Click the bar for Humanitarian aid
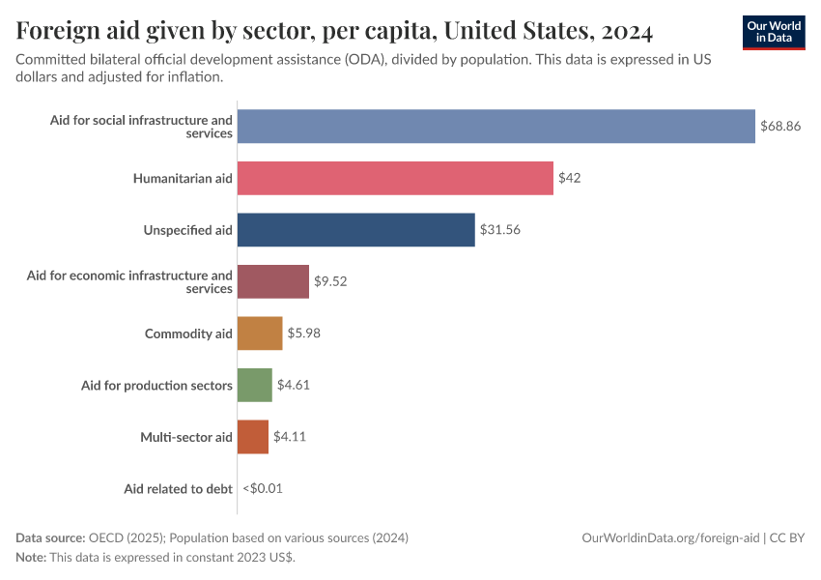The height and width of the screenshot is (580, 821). pos(395,178)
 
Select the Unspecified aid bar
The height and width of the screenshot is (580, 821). pos(355,230)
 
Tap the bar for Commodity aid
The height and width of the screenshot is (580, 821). pos(260,333)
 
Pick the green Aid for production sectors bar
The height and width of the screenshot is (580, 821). pos(255,385)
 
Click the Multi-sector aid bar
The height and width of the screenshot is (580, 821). pos(253,437)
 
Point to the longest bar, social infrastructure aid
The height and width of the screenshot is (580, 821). pos(495,127)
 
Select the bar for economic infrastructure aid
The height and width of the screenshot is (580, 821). pos(273,281)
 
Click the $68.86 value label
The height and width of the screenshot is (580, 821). pos(780,127)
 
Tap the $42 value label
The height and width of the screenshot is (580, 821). pos(569,178)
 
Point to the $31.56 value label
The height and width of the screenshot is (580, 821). pos(499,230)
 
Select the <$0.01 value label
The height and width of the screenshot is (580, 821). pos(263,489)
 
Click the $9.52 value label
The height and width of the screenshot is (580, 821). pos(330,281)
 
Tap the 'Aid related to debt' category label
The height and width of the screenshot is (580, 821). pos(178,489)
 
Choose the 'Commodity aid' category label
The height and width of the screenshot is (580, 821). pos(188,333)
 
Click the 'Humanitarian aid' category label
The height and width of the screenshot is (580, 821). pos(183,178)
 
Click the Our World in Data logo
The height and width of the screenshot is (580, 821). pos(774,32)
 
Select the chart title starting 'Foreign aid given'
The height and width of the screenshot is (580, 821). pos(334,32)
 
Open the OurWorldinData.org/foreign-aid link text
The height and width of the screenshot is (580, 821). pos(672,537)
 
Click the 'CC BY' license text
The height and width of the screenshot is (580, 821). pos(788,537)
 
